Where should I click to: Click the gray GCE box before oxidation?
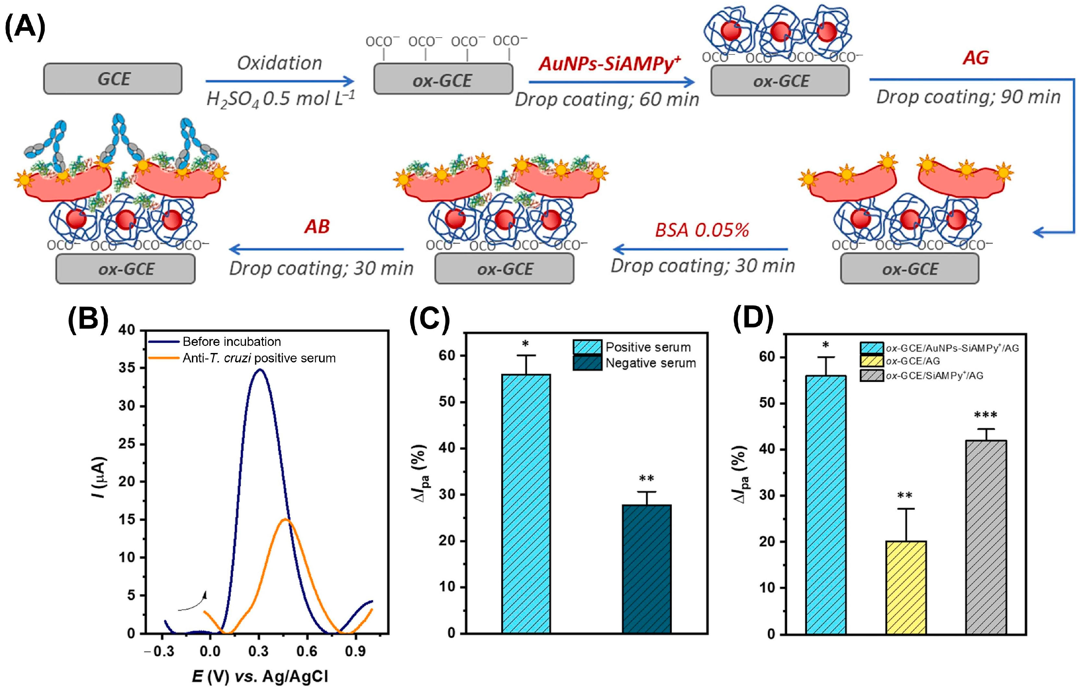(x=113, y=79)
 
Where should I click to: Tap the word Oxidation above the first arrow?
(x=279, y=63)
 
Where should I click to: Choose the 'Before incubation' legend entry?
(x=231, y=342)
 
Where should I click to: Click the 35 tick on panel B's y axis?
(x=126, y=368)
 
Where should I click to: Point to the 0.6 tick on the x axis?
(x=307, y=651)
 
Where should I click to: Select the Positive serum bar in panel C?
(x=526, y=504)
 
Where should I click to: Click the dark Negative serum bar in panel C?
(x=646, y=569)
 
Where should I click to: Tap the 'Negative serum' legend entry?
(x=650, y=363)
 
